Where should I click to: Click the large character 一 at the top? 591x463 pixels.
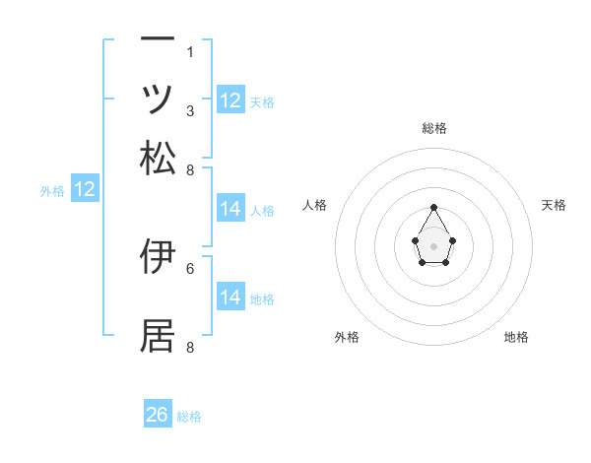[158, 38]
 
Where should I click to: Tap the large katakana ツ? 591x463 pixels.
[158, 98]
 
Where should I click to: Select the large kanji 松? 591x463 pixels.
[158, 157]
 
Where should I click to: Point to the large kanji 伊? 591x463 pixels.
[158, 255]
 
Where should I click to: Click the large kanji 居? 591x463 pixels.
[158, 335]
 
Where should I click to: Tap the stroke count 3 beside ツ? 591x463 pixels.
[190, 111]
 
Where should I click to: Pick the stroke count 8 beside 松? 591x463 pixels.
[190, 169]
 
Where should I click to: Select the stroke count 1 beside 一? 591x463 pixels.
[190, 52]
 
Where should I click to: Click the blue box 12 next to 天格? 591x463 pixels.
[230, 99]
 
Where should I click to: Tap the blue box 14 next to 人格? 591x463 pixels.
[230, 209]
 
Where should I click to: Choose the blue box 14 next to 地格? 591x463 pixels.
[230, 298]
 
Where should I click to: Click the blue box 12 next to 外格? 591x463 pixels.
[85, 190]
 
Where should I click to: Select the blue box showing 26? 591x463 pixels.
[158, 415]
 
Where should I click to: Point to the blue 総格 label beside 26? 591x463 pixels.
[189, 417]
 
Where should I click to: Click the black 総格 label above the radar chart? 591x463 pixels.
[434, 129]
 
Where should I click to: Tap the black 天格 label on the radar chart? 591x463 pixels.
[554, 205]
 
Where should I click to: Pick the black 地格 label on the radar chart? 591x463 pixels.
[516, 338]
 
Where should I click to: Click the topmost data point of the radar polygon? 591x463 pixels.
[434, 207]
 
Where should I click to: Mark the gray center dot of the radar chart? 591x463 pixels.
[434, 245]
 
